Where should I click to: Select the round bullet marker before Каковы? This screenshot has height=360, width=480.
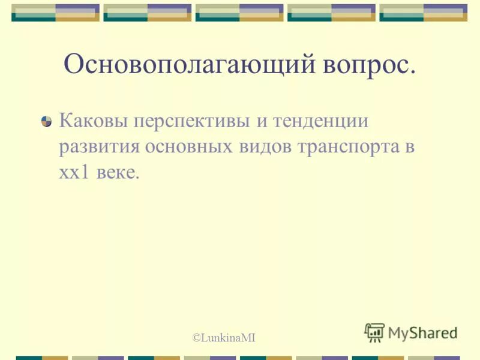click(x=46, y=121)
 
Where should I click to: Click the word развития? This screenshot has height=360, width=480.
click(x=98, y=148)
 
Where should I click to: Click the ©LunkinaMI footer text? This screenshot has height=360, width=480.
click(x=224, y=338)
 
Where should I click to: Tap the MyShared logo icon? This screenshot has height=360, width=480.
click(x=374, y=332)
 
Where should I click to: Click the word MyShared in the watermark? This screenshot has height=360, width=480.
click(x=422, y=332)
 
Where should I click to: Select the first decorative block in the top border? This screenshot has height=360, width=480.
click(x=55, y=13)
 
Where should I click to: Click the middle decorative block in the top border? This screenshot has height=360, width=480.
click(x=239, y=13)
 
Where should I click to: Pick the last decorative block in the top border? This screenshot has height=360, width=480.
click(x=424, y=13)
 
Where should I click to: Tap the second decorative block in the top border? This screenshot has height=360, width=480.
click(x=148, y=13)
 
